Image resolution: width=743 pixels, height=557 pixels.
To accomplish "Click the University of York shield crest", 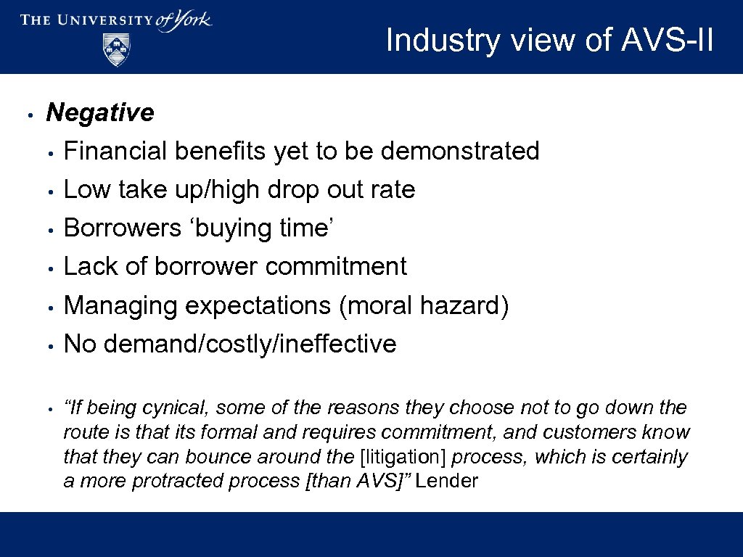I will click(x=116, y=50).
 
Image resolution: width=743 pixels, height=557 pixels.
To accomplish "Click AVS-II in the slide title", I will click(x=668, y=41).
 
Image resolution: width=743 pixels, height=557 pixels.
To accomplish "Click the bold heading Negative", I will click(x=100, y=112).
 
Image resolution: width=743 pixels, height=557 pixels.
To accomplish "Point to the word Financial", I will click(x=115, y=151).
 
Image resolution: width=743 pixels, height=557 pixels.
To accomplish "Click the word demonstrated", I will click(x=460, y=151).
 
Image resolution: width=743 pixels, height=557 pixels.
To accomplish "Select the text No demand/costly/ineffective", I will click(x=230, y=344).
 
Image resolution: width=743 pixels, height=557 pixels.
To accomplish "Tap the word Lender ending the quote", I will click(x=447, y=481).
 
